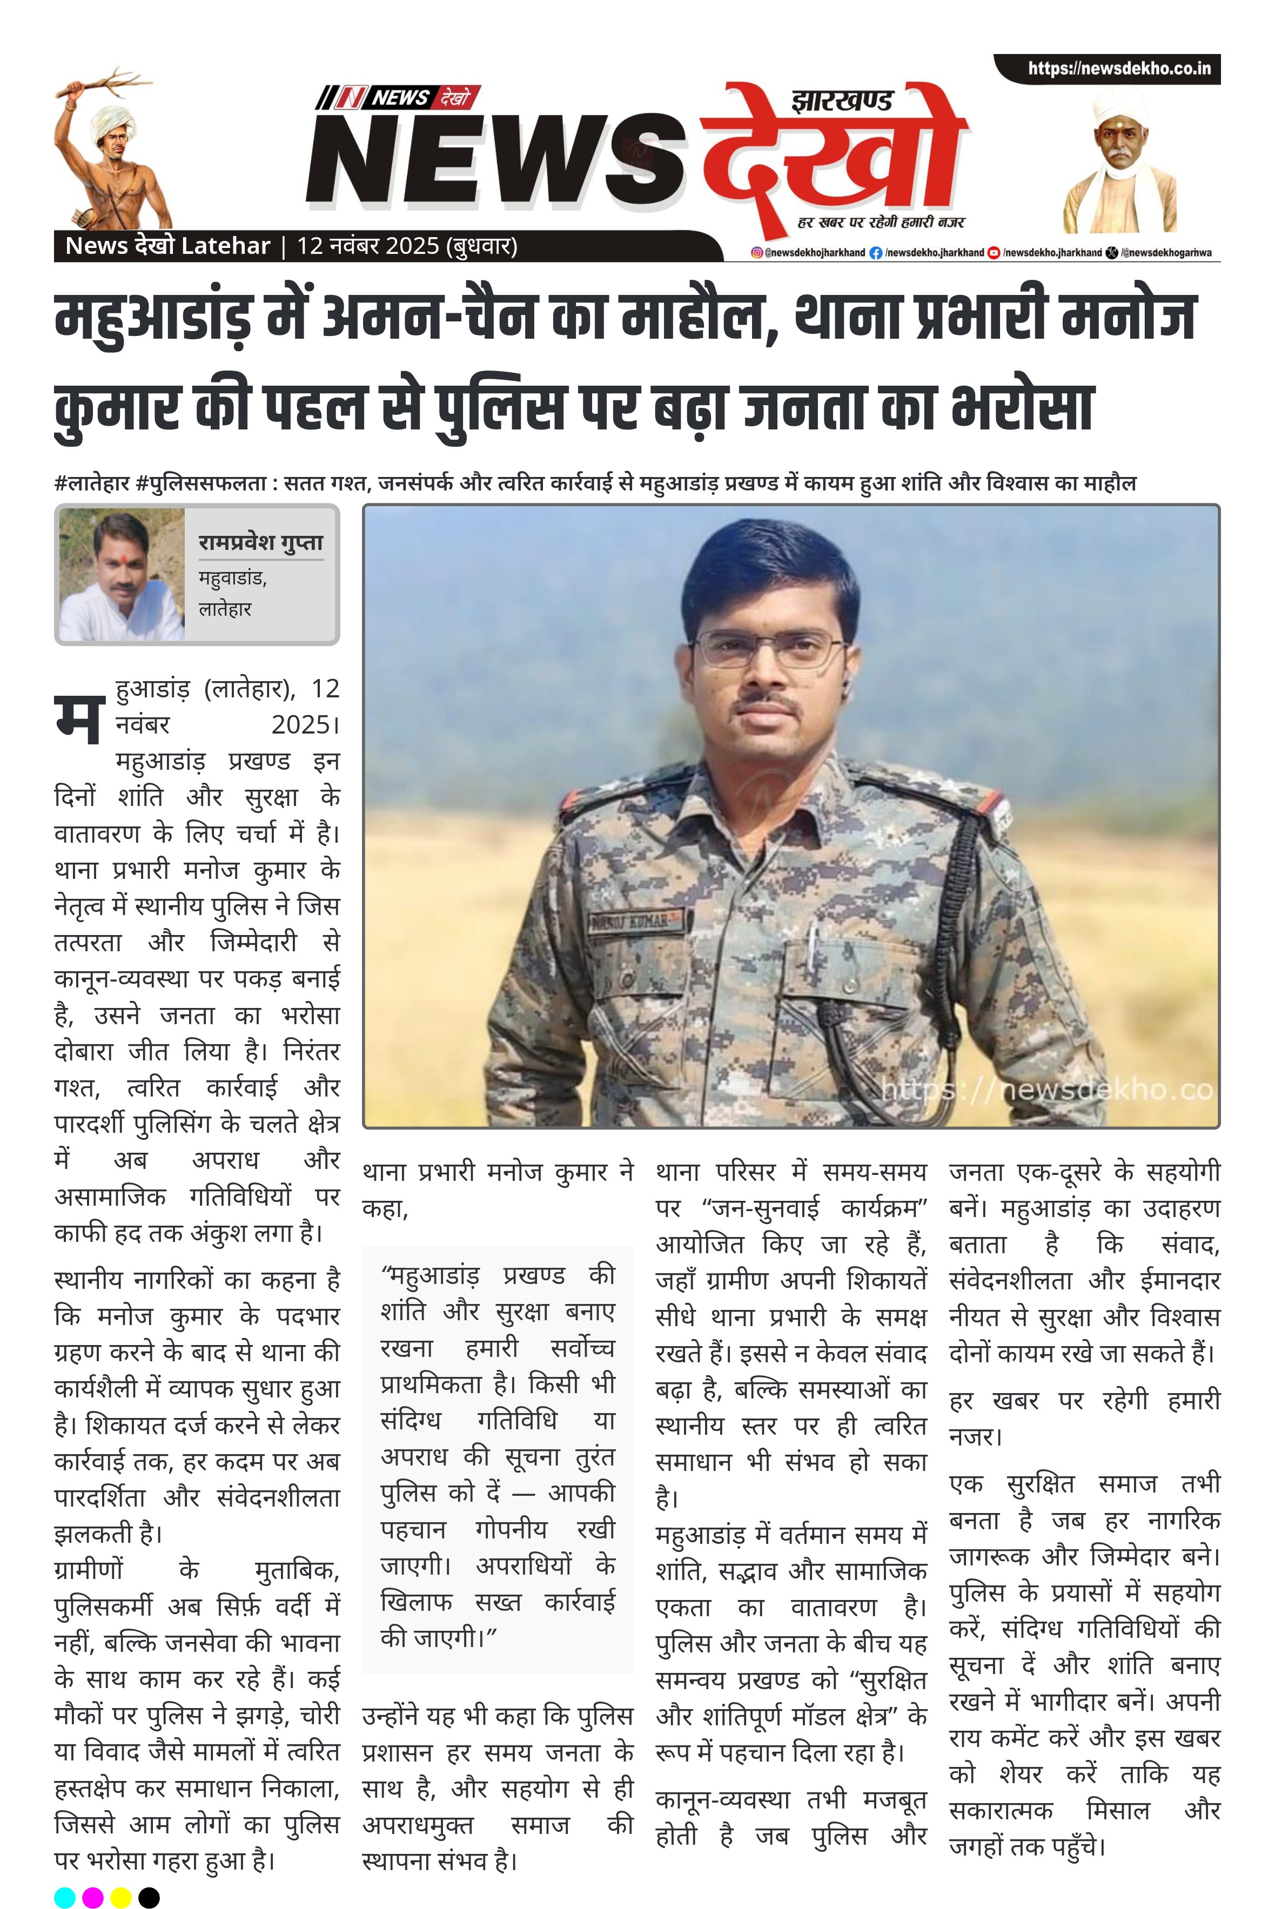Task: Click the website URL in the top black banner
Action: (1119, 68)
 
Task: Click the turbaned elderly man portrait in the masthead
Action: (1119, 163)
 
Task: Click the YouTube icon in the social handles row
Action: (994, 253)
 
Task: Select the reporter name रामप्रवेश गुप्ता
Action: (261, 542)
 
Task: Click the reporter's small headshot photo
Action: (122, 575)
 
